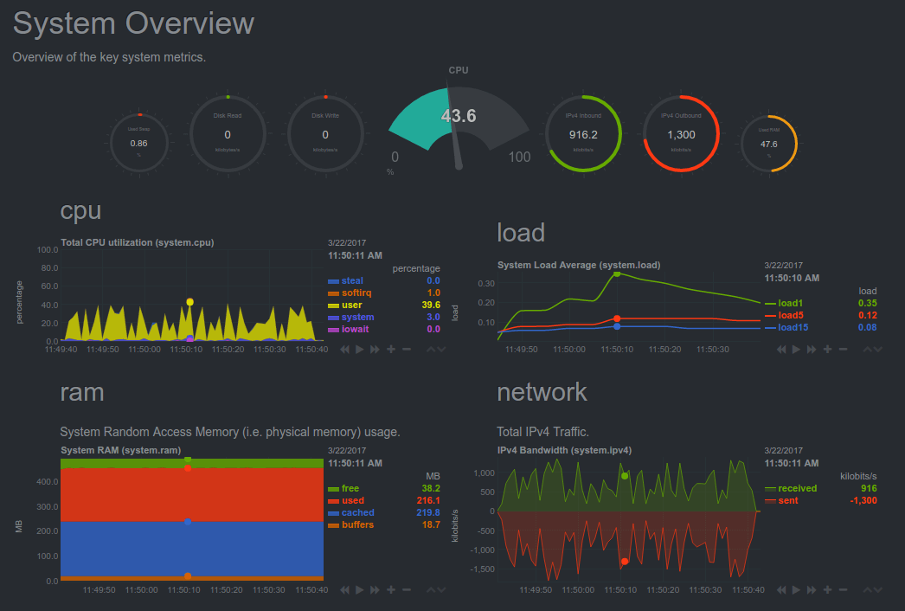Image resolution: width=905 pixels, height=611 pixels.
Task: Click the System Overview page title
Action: click(133, 23)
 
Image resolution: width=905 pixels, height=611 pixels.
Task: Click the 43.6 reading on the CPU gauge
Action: click(459, 116)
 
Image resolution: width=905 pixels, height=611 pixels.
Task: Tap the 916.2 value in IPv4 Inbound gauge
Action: click(584, 134)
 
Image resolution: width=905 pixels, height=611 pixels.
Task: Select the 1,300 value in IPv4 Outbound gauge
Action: click(681, 134)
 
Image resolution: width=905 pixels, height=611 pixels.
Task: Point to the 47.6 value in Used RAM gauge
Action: click(768, 144)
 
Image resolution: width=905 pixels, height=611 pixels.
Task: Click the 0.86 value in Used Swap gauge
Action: click(138, 143)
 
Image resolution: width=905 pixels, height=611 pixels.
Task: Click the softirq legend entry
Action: click(356, 293)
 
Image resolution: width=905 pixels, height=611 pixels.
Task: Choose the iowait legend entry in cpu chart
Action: click(355, 329)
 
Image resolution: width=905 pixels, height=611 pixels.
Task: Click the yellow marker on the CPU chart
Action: click(189, 302)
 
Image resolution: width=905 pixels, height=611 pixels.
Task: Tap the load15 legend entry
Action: click(792, 327)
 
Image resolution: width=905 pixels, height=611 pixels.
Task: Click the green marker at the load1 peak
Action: click(617, 273)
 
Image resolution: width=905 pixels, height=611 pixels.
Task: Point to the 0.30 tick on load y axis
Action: click(485, 283)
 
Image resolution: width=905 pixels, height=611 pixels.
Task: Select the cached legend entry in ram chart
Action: click(357, 512)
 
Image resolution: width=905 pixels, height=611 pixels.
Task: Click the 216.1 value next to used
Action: click(427, 500)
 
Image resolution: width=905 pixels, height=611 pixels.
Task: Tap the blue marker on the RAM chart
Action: click(188, 522)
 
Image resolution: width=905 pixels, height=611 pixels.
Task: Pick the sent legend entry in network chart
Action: click(787, 500)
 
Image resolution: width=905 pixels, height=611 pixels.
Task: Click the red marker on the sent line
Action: click(624, 562)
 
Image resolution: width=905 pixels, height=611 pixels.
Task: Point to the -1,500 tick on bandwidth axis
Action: click(481, 569)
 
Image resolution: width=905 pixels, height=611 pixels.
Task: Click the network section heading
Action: click(542, 392)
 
